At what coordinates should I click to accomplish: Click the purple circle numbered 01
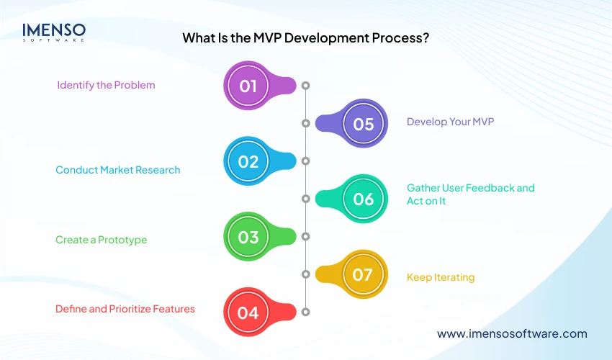248,86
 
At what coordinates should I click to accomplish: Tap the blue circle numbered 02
248,162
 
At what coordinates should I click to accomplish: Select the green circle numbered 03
248,237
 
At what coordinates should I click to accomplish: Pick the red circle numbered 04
248,312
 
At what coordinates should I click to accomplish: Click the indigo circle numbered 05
364,124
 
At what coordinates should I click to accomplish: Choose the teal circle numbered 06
364,199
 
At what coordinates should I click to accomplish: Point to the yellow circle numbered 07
364,274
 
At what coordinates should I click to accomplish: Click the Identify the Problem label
106,85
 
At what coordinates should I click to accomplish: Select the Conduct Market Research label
118,170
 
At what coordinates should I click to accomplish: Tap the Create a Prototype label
101,240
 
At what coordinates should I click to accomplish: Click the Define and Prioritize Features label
125,309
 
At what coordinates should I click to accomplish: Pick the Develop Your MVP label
450,122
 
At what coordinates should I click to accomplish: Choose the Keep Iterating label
441,277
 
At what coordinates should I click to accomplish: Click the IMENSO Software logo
54,32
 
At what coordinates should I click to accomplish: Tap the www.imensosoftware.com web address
512,333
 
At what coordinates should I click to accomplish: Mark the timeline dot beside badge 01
305,86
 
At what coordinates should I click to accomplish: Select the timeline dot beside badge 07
305,274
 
